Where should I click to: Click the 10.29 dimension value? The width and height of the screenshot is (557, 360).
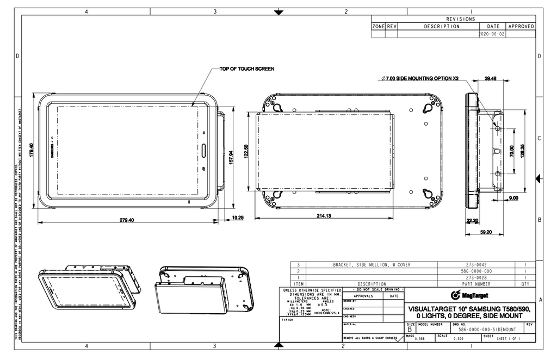point(238,218)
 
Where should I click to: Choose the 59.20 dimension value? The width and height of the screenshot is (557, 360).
point(486,232)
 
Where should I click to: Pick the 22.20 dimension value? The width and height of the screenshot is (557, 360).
point(473,221)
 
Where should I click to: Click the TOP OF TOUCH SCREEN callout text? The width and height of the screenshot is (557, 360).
point(246,69)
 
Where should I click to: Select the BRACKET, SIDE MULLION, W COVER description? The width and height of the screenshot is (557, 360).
point(372,264)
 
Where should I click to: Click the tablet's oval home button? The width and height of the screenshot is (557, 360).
point(205,150)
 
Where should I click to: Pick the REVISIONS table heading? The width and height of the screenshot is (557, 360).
point(460,19)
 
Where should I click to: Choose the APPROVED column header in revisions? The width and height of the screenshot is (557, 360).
point(521,26)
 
